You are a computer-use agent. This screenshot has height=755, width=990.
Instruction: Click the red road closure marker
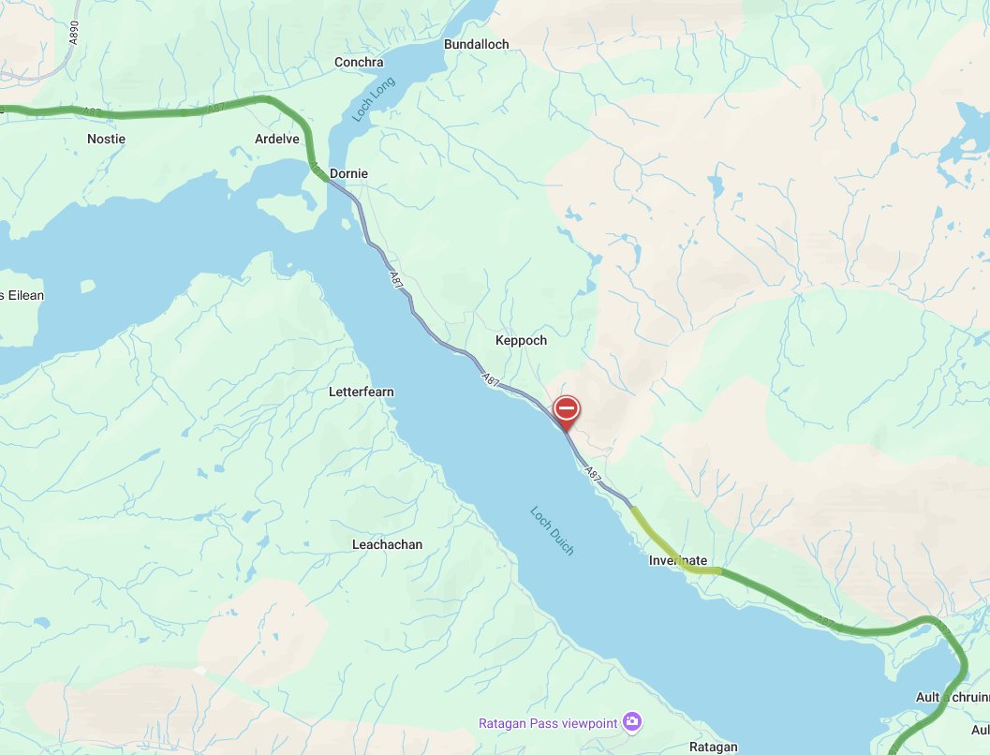coord(567,409)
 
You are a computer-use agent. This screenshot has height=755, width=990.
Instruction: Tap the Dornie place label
coord(348,173)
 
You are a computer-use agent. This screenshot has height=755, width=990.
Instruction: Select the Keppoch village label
coord(521,340)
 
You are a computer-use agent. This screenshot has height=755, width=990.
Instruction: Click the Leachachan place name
coord(387,544)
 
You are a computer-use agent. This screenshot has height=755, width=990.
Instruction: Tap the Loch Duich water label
coord(553,531)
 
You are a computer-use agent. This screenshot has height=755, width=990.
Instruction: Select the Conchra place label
coord(359,63)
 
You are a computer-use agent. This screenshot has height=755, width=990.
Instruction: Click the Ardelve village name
coord(277,139)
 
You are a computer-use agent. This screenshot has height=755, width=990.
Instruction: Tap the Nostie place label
coord(106,139)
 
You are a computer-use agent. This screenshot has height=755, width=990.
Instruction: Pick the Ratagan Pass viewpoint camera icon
coord(633,720)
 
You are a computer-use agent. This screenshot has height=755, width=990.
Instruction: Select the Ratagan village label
coord(714,747)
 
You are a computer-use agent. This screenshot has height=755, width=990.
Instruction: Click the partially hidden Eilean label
coord(22,295)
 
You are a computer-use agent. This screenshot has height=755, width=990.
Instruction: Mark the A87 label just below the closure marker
coord(592,474)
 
